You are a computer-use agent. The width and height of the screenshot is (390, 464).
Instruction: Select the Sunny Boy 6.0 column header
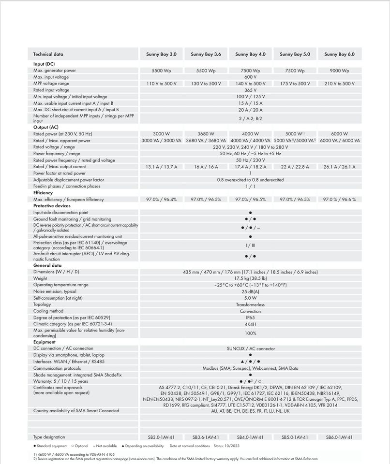pyautogui.click(x=339, y=55)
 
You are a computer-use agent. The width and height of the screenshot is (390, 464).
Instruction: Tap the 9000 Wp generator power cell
pyautogui.click(x=339, y=71)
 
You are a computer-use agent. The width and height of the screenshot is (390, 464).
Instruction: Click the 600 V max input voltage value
pyautogui.click(x=250, y=77)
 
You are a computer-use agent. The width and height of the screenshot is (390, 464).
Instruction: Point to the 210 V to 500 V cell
pyautogui.click(x=339, y=84)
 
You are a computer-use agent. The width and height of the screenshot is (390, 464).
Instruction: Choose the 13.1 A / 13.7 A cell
pyautogui.click(x=161, y=167)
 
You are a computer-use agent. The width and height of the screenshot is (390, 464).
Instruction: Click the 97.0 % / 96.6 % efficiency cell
pyautogui.click(x=339, y=199)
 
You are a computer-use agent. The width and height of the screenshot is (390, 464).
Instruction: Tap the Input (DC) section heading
pyautogui.click(x=44, y=64)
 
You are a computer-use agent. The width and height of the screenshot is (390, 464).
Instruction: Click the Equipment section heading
pyautogui.click(x=45, y=342)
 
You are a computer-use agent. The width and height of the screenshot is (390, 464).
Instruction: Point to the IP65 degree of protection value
pyautogui.click(x=250, y=318)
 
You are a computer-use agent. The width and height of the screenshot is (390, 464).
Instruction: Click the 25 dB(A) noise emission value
pyautogui.click(x=250, y=292)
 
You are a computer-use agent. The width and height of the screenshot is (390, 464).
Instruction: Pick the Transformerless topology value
pyautogui.click(x=250, y=305)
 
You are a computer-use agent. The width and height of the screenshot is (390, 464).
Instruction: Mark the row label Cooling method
pyautogui.click(x=48, y=311)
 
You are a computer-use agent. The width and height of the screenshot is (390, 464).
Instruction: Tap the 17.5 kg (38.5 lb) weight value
pyautogui.click(x=250, y=279)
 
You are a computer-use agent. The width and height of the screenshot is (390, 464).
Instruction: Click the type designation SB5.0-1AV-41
pyautogui.click(x=295, y=437)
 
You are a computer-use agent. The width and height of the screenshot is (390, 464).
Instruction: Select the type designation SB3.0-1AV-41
pyautogui.click(x=161, y=437)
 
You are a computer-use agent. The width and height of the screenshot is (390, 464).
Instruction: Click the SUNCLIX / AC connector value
pyautogui.click(x=250, y=348)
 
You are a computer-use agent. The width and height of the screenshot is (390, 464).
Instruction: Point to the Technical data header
pyautogui.click(x=48, y=55)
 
